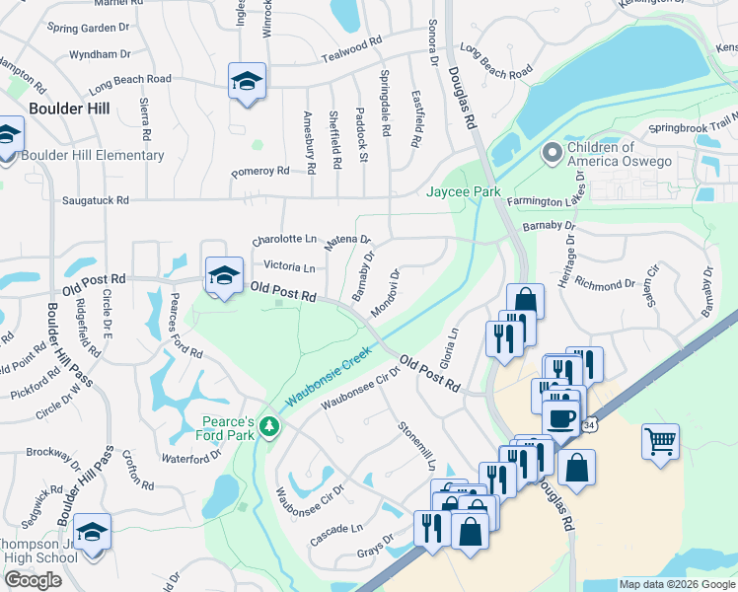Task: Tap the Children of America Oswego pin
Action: coord(553,154)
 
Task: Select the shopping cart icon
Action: coord(660,440)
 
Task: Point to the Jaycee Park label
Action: coord(463,191)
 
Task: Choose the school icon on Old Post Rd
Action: coord(224,276)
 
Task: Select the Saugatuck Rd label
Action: coord(96,200)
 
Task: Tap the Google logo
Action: coord(33,580)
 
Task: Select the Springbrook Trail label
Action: coord(692,128)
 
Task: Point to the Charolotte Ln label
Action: coord(284,240)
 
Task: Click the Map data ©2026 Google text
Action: coord(677,584)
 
